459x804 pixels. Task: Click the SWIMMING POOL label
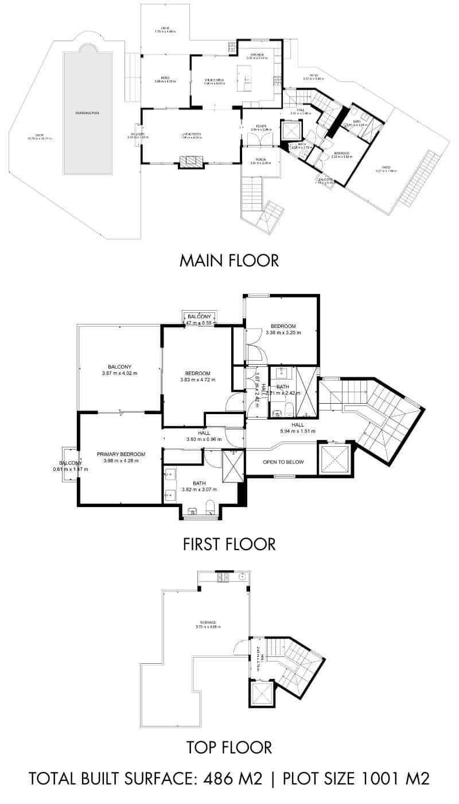[87, 113]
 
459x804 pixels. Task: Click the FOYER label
[261, 126]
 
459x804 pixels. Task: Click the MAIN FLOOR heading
[229, 260]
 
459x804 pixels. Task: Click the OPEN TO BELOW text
[283, 462]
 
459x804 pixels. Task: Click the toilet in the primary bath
[209, 507]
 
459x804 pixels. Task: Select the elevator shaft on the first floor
[333, 459]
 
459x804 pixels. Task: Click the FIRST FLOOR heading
[229, 543]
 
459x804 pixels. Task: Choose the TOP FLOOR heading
[229, 747]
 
